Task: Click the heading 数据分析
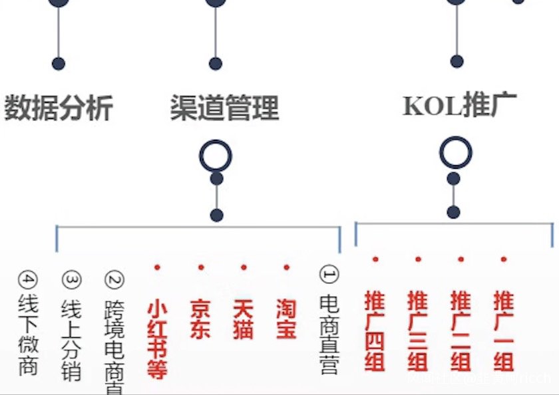pyautogui.click(x=59, y=108)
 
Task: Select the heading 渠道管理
pyautogui.click(x=224, y=108)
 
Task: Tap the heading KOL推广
pyautogui.click(x=459, y=106)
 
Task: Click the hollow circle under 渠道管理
pyautogui.click(x=216, y=156)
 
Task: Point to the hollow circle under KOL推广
pyautogui.click(x=456, y=152)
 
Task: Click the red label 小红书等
pyautogui.click(x=157, y=340)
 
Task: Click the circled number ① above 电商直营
pyautogui.click(x=329, y=273)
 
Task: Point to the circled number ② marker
pyautogui.click(x=114, y=279)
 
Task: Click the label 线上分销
pyautogui.click(x=71, y=339)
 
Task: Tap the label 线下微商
pyautogui.click(x=29, y=334)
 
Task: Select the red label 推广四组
pyautogui.click(x=375, y=330)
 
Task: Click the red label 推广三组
pyautogui.click(x=418, y=330)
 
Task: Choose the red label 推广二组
pyautogui.click(x=461, y=330)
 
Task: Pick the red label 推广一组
pyautogui.click(x=504, y=330)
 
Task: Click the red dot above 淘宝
pyautogui.click(x=286, y=267)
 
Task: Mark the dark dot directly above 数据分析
pyautogui.click(x=59, y=64)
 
